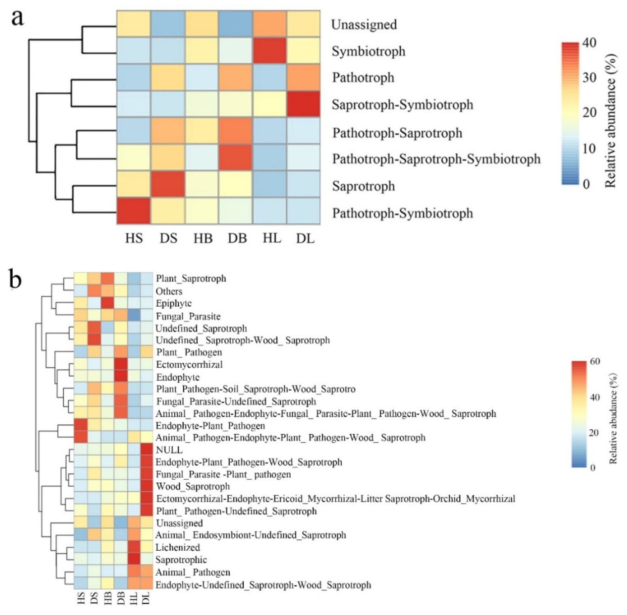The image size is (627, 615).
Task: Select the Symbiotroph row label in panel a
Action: pyautogui.click(x=368, y=51)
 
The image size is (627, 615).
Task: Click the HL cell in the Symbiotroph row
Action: pyautogui.click(x=270, y=51)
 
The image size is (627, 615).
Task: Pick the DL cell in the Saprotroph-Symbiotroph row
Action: pyautogui.click(x=304, y=104)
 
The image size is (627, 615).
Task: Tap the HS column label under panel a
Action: pyautogui.click(x=134, y=238)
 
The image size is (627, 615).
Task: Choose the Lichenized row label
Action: pyautogui.click(x=178, y=547)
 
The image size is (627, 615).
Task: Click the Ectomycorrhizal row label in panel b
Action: pyautogui.click(x=189, y=365)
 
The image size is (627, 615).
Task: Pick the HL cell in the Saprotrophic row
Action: pyautogui.click(x=134, y=560)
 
